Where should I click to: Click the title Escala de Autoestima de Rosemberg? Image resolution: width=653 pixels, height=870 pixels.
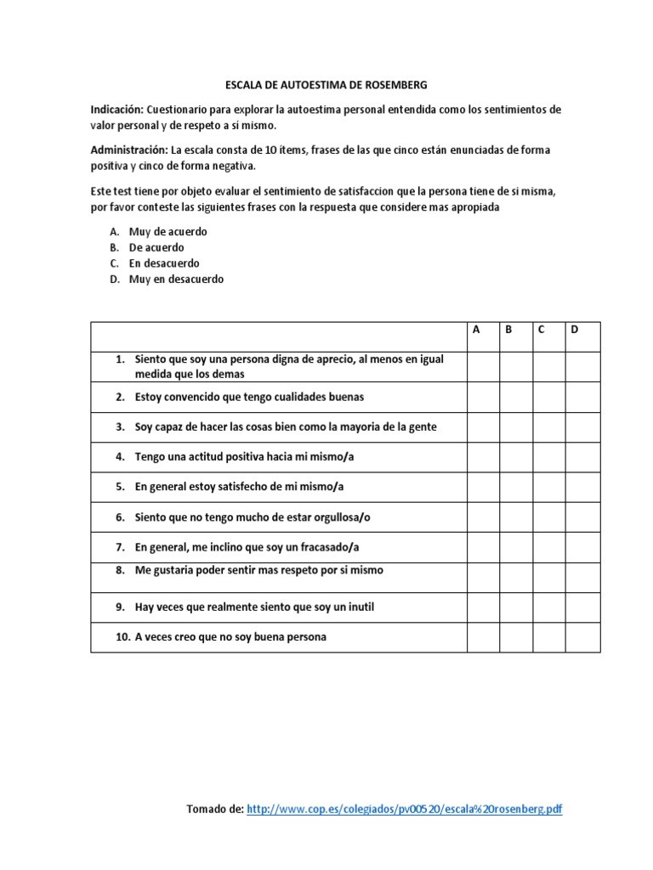326,85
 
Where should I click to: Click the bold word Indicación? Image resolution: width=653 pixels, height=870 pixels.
117,110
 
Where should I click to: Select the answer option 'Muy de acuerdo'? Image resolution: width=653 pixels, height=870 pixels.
168,231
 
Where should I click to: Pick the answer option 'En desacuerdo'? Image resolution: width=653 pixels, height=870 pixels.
164,263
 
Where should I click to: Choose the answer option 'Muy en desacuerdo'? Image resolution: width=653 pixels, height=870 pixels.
176,279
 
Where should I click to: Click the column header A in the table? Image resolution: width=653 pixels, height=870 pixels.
476,330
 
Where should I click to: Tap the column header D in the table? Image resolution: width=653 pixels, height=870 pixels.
575,330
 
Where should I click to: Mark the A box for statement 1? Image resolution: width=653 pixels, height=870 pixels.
483,366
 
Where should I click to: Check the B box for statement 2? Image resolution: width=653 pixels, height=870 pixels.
516,397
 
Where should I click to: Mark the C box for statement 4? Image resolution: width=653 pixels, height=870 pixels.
548,457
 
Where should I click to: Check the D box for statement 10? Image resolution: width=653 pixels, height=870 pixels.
582,637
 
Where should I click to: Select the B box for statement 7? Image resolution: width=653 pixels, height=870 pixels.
516,547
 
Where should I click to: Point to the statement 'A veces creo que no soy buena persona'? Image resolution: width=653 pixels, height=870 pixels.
230,637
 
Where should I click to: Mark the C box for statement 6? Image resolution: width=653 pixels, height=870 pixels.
548,517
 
